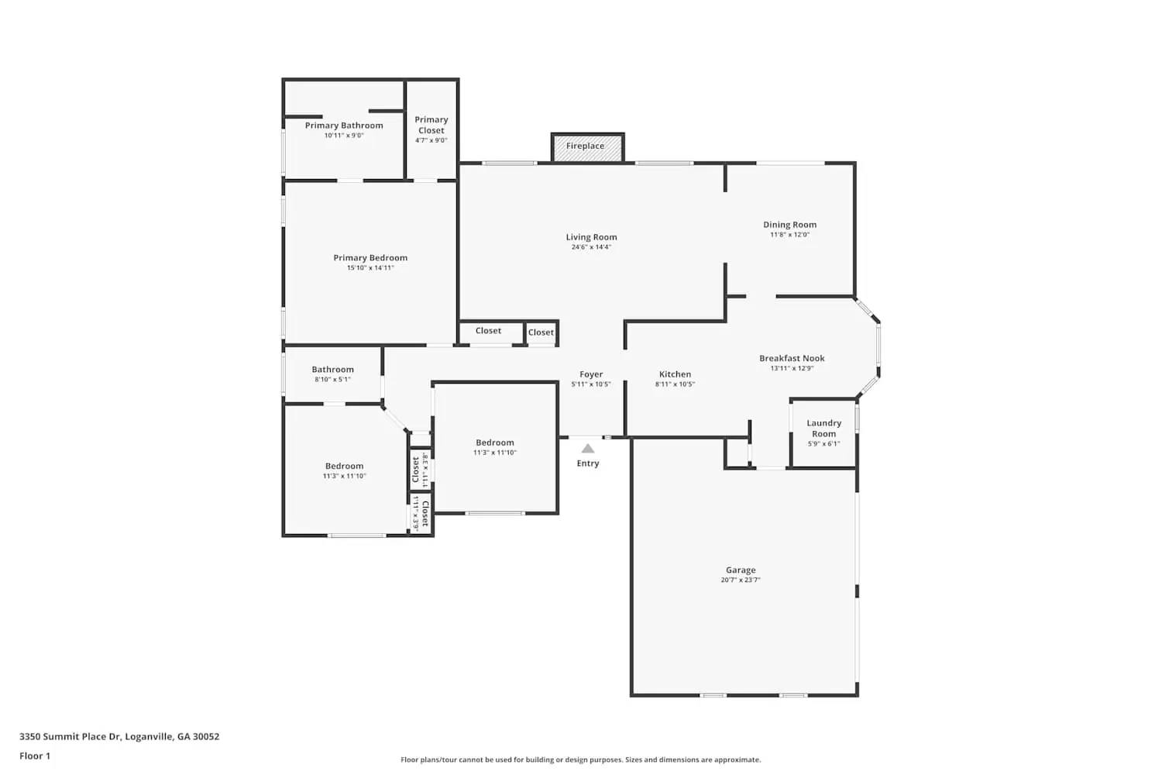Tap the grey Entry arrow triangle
point(588,449)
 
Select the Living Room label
point(591,237)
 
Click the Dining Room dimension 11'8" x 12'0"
point(789,235)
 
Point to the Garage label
point(741,570)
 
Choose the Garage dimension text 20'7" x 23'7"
point(741,580)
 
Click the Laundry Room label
point(823,428)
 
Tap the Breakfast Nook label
point(792,358)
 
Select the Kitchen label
point(675,374)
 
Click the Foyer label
point(591,374)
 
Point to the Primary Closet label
point(431,125)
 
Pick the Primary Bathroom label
point(344,126)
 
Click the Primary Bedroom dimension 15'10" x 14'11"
point(370,268)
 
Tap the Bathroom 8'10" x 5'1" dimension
point(332,380)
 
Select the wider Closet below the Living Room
point(488,331)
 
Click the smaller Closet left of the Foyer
point(541,332)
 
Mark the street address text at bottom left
point(119,737)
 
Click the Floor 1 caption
point(35,756)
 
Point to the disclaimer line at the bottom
point(580,760)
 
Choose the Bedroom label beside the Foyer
point(495,443)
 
